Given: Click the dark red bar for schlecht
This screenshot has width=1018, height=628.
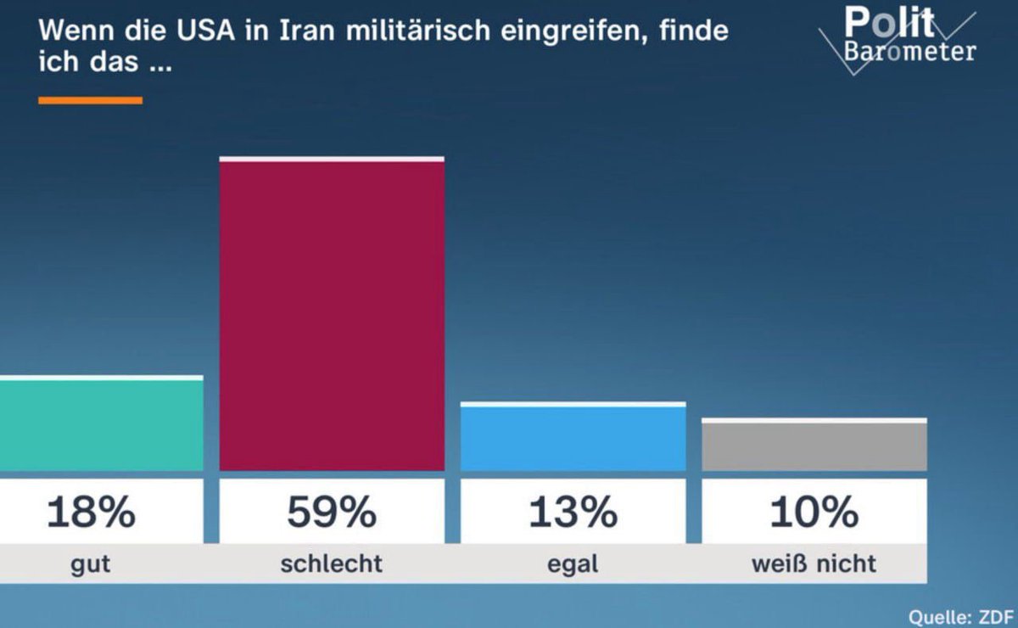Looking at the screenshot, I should pyautogui.click(x=332, y=314).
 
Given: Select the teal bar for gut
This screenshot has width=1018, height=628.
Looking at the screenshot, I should pyautogui.click(x=101, y=424).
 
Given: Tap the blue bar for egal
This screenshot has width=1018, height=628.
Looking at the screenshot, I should pyautogui.click(x=573, y=438).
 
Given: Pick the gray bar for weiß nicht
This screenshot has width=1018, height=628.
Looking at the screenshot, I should pyautogui.click(x=814, y=446).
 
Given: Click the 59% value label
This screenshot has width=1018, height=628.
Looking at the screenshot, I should pyautogui.click(x=332, y=513).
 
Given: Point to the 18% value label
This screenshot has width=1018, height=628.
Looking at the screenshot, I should pyautogui.click(x=91, y=513).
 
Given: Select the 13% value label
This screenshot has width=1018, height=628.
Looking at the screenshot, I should pyautogui.click(x=573, y=513).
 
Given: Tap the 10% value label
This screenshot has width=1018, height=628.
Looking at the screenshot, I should pyautogui.click(x=814, y=513).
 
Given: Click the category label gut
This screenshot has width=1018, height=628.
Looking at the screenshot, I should pyautogui.click(x=91, y=564).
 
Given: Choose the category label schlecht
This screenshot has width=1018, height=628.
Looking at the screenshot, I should pyautogui.click(x=332, y=564).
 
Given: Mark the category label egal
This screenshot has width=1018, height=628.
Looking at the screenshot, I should pyautogui.click(x=573, y=564).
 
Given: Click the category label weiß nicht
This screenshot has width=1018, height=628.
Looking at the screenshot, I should pyautogui.click(x=814, y=564).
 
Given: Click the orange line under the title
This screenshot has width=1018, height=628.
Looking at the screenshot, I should pyautogui.click(x=91, y=100).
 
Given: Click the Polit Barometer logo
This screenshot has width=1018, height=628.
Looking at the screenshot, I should pyautogui.click(x=903, y=36).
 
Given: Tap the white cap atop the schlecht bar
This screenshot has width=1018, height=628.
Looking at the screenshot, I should pyautogui.click(x=332, y=159).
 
